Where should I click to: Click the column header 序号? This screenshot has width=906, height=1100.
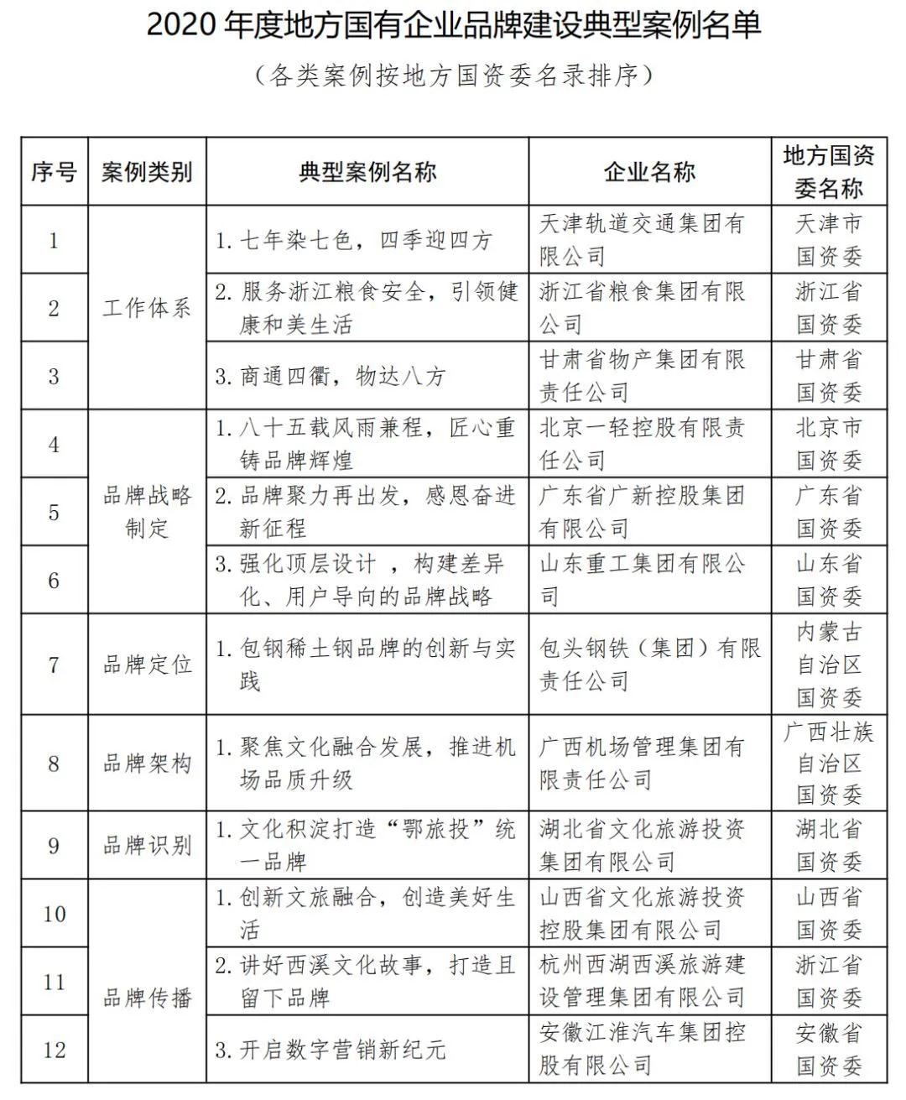[x=54, y=172]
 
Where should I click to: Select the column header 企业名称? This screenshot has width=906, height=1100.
[x=649, y=172]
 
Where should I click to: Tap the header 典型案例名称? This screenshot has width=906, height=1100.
[x=367, y=172]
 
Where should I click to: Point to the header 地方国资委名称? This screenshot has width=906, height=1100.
[x=828, y=172]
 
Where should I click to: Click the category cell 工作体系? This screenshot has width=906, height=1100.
[x=147, y=308]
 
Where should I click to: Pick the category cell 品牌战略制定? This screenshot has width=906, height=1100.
[x=147, y=512]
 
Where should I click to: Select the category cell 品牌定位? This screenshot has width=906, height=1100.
[x=147, y=665]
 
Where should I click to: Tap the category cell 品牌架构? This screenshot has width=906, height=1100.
[x=147, y=763]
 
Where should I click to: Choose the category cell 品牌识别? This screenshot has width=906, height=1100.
[x=147, y=845]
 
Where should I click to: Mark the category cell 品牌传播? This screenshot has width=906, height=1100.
[x=147, y=998]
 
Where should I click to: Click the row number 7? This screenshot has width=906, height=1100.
[x=54, y=665]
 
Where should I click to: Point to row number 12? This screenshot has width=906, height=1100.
[x=54, y=1050]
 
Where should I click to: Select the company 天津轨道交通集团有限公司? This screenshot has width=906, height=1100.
[x=642, y=240]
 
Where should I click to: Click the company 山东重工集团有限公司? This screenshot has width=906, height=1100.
[x=642, y=580]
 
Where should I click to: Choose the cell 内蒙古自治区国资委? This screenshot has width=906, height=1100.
[x=828, y=665]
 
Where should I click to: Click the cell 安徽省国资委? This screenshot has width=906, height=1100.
[x=828, y=1050]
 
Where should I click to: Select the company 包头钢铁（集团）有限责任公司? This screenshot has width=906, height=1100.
[x=649, y=665]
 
